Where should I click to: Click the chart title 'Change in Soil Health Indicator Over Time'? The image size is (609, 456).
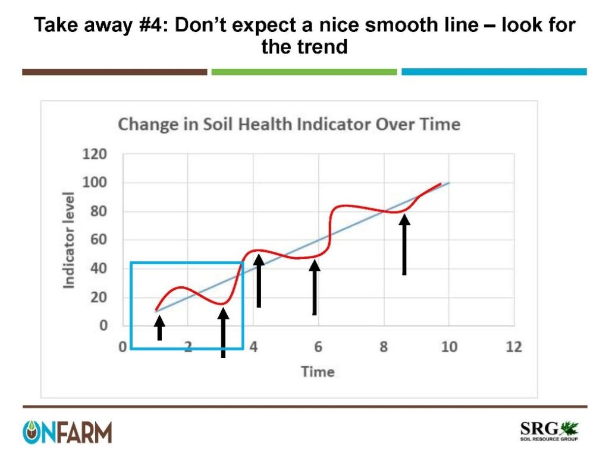[x=289, y=125]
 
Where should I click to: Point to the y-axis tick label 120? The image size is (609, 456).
[x=95, y=154]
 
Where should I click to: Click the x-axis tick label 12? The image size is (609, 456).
[x=513, y=347]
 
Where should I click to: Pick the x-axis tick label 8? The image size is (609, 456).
[x=384, y=347]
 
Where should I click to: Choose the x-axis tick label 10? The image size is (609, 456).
[x=448, y=347]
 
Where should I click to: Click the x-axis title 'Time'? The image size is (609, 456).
[x=318, y=372]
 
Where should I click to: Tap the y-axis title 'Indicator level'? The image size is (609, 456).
[x=70, y=240]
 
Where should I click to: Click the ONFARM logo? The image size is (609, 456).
[x=67, y=432]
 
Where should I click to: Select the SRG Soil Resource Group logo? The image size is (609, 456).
[x=549, y=432]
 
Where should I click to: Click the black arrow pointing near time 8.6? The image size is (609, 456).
[x=404, y=245]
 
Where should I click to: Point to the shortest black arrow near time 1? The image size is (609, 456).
[x=159, y=327]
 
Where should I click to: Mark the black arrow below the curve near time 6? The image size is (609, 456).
[x=315, y=288]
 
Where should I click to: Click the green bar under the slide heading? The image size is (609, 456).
[x=304, y=72]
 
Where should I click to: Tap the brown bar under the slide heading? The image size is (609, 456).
[x=114, y=72]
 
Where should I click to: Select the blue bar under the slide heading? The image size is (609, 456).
[x=494, y=72]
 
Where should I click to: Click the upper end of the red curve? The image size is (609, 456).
[x=440, y=184]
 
